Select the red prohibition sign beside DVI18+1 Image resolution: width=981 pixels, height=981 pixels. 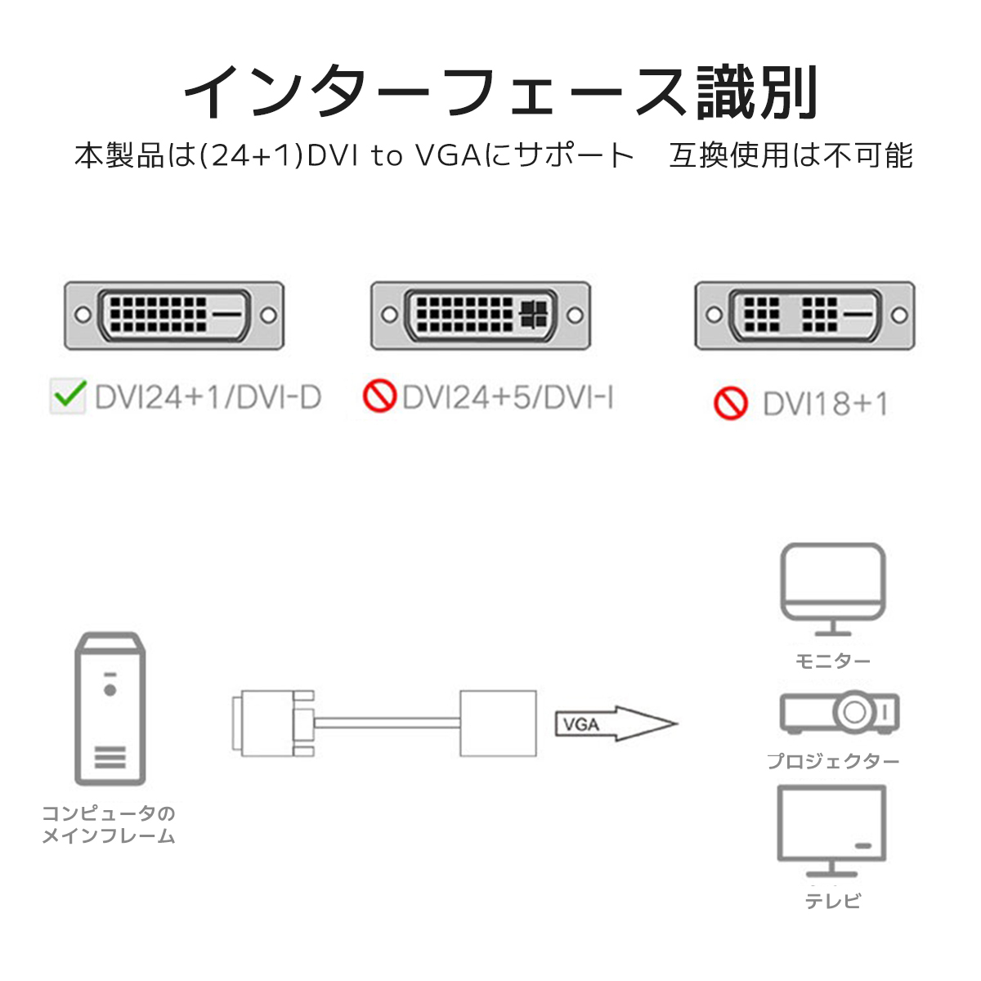pyautogui.click(x=731, y=403)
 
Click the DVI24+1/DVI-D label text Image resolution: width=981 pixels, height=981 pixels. pyautogui.click(x=208, y=397)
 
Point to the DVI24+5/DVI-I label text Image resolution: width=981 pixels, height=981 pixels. pyautogui.click(x=508, y=397)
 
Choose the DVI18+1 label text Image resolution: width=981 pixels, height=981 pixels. pyautogui.click(x=825, y=404)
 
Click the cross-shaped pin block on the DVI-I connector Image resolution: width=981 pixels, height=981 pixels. pyautogui.click(x=534, y=314)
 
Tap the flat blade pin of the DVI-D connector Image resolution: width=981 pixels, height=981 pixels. pyautogui.click(x=226, y=314)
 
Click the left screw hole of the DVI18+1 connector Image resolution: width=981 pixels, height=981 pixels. pyautogui.click(x=714, y=315)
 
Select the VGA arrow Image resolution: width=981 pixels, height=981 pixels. pyautogui.click(x=616, y=723)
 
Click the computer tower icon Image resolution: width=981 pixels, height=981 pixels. pyautogui.click(x=110, y=709)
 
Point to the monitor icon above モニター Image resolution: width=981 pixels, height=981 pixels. pyautogui.click(x=833, y=589)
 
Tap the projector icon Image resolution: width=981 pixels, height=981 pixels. pyautogui.click(x=840, y=712)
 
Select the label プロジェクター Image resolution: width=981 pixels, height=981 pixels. pyautogui.click(x=833, y=762)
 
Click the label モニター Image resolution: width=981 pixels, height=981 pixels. pyautogui.click(x=833, y=661)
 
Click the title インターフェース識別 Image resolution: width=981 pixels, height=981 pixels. pyautogui.click(x=501, y=92)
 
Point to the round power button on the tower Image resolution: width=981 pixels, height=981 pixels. pyautogui.click(x=110, y=690)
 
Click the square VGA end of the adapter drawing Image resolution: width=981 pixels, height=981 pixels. pyautogui.click(x=498, y=723)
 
